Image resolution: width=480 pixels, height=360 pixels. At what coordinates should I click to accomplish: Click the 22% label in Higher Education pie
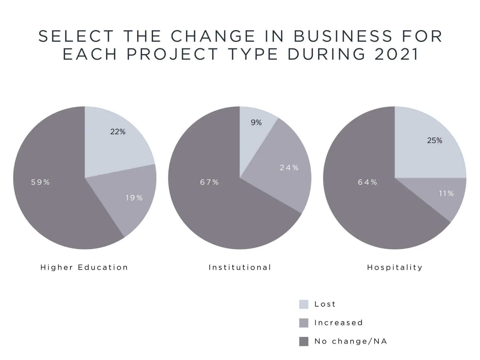(x=118, y=131)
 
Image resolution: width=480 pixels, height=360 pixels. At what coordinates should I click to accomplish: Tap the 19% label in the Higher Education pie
(x=134, y=198)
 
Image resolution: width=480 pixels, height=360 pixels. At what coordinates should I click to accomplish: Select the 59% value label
(x=41, y=182)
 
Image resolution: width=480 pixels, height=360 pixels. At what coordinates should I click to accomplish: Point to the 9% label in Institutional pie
(x=256, y=122)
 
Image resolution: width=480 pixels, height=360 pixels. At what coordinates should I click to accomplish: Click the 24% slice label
(x=289, y=168)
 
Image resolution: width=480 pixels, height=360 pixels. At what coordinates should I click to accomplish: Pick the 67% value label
(x=209, y=182)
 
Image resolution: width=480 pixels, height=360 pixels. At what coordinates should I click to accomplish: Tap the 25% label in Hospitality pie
(x=435, y=141)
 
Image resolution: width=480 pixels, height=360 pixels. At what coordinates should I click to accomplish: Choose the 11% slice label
(x=446, y=193)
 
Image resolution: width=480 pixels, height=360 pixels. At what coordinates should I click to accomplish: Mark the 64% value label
(x=367, y=182)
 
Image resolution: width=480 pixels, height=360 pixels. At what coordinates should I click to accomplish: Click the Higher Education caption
(x=84, y=267)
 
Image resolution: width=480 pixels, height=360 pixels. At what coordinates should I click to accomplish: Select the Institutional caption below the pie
(x=240, y=267)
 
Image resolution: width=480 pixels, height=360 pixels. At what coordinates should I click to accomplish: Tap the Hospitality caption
(x=395, y=267)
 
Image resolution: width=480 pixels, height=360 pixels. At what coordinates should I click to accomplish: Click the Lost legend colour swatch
(x=304, y=304)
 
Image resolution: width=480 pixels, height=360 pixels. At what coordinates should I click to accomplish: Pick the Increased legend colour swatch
(x=304, y=323)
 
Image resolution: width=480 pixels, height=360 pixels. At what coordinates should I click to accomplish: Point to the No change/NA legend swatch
(x=304, y=342)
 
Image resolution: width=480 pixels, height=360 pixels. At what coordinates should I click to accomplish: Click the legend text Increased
(x=339, y=323)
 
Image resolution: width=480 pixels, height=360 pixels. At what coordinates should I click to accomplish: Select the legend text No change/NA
(x=351, y=341)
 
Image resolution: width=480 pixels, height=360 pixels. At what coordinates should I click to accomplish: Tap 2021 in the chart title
(x=396, y=54)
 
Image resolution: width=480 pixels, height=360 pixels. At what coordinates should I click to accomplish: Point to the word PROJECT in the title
(x=173, y=54)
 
